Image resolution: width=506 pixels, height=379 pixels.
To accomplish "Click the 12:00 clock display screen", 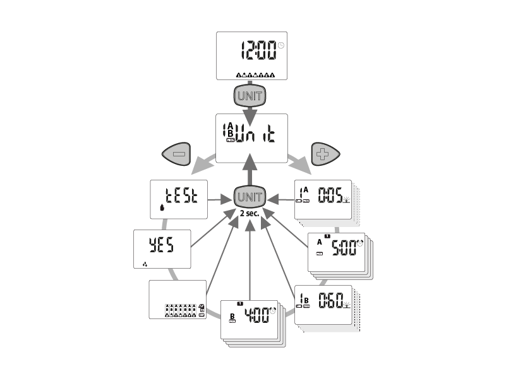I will click(x=251, y=55).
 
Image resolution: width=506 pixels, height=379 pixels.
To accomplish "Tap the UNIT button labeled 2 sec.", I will click(x=251, y=197).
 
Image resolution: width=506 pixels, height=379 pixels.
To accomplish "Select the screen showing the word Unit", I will click(x=251, y=137).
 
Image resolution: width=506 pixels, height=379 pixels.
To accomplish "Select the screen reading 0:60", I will click(x=323, y=305).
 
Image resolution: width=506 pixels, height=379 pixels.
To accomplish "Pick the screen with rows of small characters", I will click(x=177, y=300).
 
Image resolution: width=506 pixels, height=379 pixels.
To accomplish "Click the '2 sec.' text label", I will click(x=251, y=213).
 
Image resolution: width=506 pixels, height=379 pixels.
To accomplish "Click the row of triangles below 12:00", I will click(x=255, y=75).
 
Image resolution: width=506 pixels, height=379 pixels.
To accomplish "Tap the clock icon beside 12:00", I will click(x=281, y=45).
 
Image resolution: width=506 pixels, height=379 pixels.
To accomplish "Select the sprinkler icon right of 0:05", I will click(x=346, y=200).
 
